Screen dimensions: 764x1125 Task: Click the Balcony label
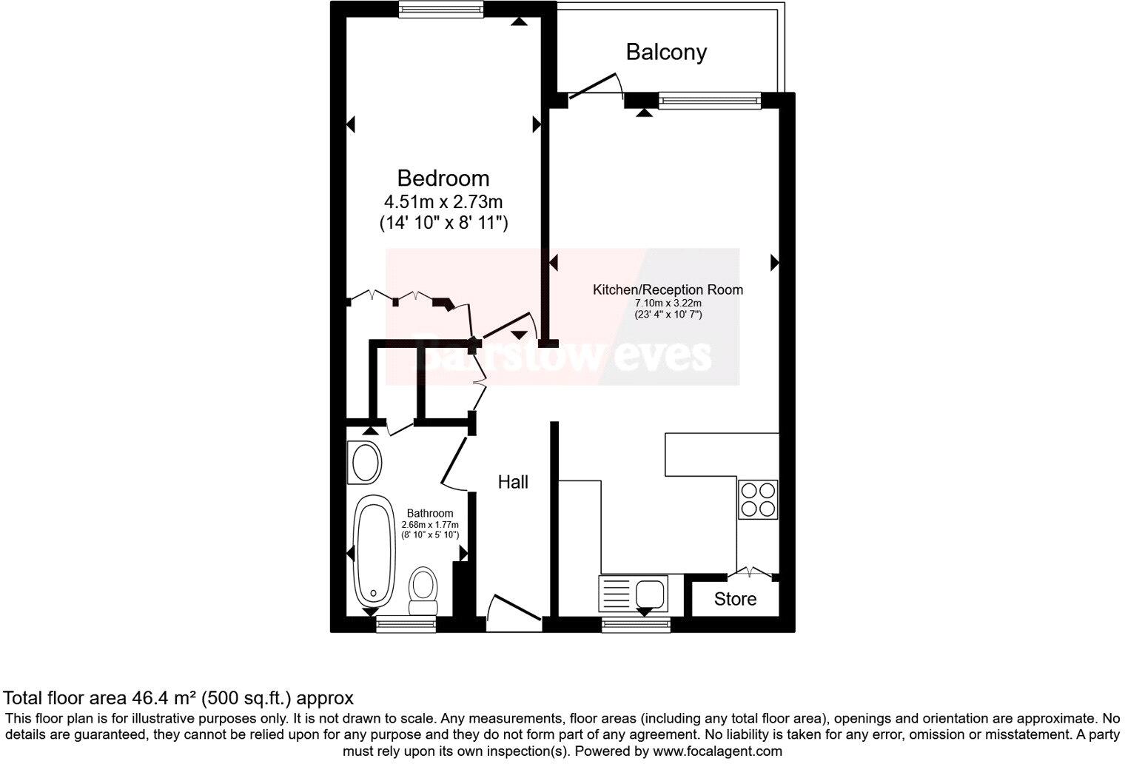pyautogui.click(x=666, y=52)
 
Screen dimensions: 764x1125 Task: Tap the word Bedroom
pyautogui.click(x=443, y=178)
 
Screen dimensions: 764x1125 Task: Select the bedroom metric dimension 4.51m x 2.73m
pyautogui.click(x=443, y=201)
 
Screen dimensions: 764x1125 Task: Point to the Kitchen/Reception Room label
pyautogui.click(x=668, y=289)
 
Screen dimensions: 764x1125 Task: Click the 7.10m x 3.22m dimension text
pyautogui.click(x=668, y=303)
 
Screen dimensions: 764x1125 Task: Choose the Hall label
pyautogui.click(x=513, y=483)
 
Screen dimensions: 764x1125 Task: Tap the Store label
pyautogui.click(x=735, y=599)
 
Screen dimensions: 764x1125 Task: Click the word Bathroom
pyautogui.click(x=430, y=513)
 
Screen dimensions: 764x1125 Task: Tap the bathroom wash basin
pyautogui.click(x=365, y=463)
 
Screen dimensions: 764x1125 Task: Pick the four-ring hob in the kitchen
pyautogui.click(x=758, y=500)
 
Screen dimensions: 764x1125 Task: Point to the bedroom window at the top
pyautogui.click(x=441, y=9)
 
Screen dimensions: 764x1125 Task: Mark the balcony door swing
pyautogui.click(x=595, y=87)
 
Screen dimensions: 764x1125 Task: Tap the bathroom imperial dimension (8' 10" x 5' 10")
pyautogui.click(x=430, y=535)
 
